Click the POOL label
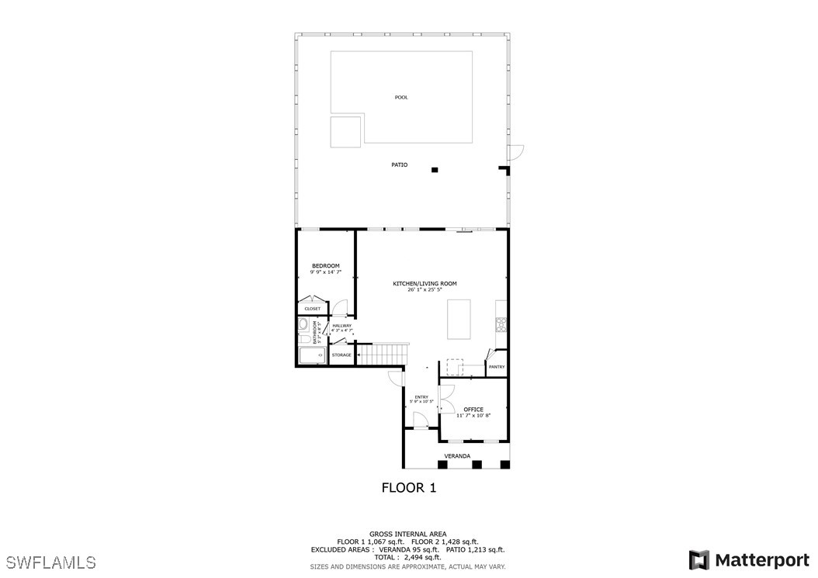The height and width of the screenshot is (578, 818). (x=401, y=98)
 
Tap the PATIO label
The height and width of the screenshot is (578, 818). (x=399, y=165)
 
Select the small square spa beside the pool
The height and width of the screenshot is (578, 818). (x=345, y=132)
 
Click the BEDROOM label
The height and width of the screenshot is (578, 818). (x=325, y=266)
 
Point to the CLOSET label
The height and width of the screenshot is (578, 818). (x=312, y=309)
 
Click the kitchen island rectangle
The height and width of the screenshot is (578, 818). (x=459, y=319)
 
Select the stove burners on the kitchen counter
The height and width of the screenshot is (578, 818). (x=501, y=325)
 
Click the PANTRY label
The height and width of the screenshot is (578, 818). (x=497, y=367)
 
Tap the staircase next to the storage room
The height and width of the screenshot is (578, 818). (x=384, y=355)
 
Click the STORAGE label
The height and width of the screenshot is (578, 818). (x=341, y=355)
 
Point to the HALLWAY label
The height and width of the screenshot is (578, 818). (x=341, y=326)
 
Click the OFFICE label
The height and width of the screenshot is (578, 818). (x=473, y=410)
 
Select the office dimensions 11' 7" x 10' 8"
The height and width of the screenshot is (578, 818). (x=473, y=417)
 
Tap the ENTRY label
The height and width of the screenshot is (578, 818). (x=421, y=396)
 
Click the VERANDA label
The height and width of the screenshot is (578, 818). (x=456, y=456)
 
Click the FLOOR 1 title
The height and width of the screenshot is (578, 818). (x=409, y=488)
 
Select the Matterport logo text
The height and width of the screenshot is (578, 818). (x=762, y=560)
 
